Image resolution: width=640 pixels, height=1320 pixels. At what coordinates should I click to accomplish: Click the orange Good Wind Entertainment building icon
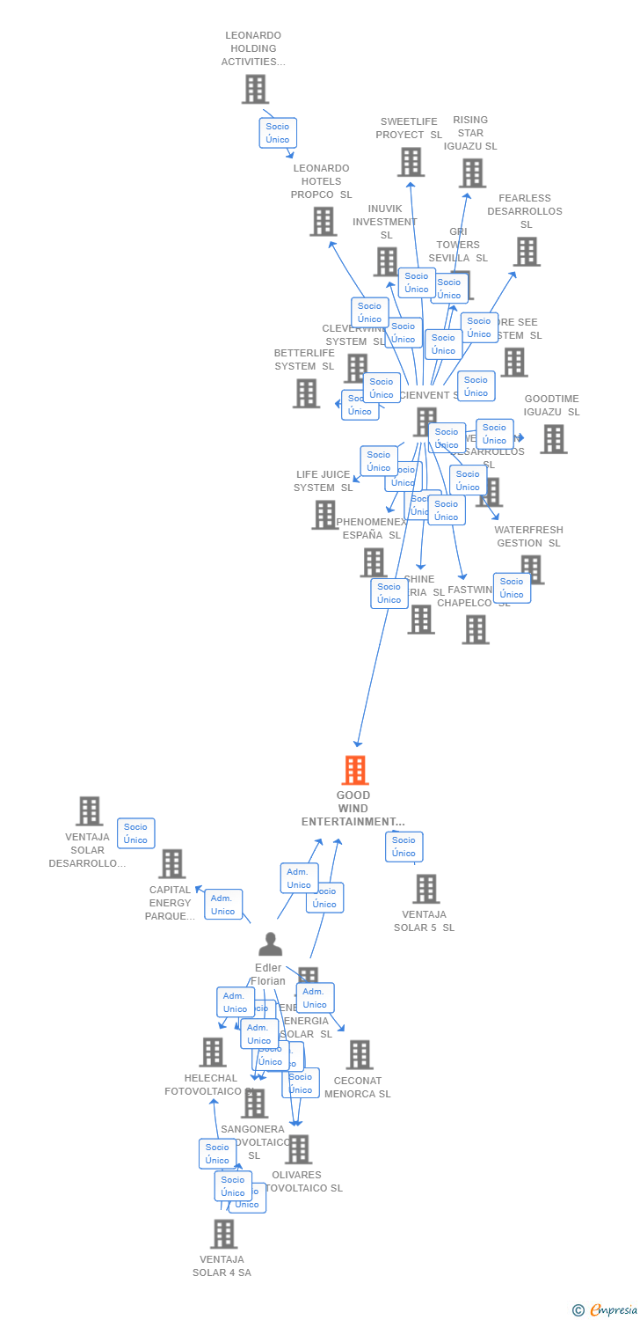click(x=354, y=770)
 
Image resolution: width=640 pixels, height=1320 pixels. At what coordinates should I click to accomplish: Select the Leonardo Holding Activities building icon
click(x=255, y=89)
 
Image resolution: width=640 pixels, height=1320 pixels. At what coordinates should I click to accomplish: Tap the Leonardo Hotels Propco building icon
click(x=323, y=221)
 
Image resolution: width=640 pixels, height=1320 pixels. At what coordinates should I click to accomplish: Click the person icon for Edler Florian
click(x=270, y=944)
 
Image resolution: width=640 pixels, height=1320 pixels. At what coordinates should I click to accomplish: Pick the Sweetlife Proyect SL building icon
click(x=411, y=162)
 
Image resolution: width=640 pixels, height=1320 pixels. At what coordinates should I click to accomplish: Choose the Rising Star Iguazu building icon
click(x=472, y=172)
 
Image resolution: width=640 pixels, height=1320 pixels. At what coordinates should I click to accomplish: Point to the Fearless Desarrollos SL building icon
click(x=527, y=252)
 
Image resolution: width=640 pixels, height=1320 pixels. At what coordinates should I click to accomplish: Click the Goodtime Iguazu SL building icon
click(x=553, y=439)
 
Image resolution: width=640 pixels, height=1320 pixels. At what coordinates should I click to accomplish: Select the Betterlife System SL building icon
click(x=306, y=393)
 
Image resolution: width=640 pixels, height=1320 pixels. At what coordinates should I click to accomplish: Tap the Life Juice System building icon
click(x=324, y=515)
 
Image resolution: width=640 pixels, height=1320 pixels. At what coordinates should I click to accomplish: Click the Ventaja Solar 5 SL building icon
click(x=425, y=889)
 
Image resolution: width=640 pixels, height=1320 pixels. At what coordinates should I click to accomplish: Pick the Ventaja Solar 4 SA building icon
click(x=223, y=1234)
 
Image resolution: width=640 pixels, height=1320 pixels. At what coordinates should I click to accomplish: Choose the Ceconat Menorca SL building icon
click(x=359, y=1054)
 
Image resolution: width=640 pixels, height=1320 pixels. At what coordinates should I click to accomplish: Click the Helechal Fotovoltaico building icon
click(x=212, y=1052)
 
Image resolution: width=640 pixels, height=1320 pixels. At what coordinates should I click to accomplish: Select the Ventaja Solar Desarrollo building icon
click(x=89, y=810)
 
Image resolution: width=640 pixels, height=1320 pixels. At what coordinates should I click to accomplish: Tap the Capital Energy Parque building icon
click(x=171, y=863)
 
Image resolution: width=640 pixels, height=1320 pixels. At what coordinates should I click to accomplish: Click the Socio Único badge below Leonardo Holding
click(x=278, y=133)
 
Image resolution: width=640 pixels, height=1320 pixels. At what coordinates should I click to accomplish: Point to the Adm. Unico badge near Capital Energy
click(x=222, y=905)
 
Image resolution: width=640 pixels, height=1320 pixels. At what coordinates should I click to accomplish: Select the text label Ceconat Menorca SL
click(x=358, y=1088)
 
